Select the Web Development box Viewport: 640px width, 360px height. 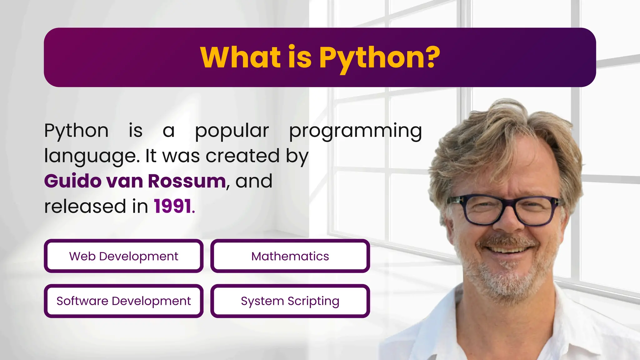(x=124, y=256)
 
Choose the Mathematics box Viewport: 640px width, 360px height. (x=290, y=256)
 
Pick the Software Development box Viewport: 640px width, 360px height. (x=124, y=301)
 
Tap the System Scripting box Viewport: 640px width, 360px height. (x=290, y=301)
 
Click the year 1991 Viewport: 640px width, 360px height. (x=172, y=206)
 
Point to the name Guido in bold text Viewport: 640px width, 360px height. (x=73, y=181)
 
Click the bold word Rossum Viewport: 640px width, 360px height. (x=187, y=181)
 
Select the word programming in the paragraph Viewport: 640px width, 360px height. (x=355, y=131)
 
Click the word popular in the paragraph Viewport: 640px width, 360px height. (x=232, y=131)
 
